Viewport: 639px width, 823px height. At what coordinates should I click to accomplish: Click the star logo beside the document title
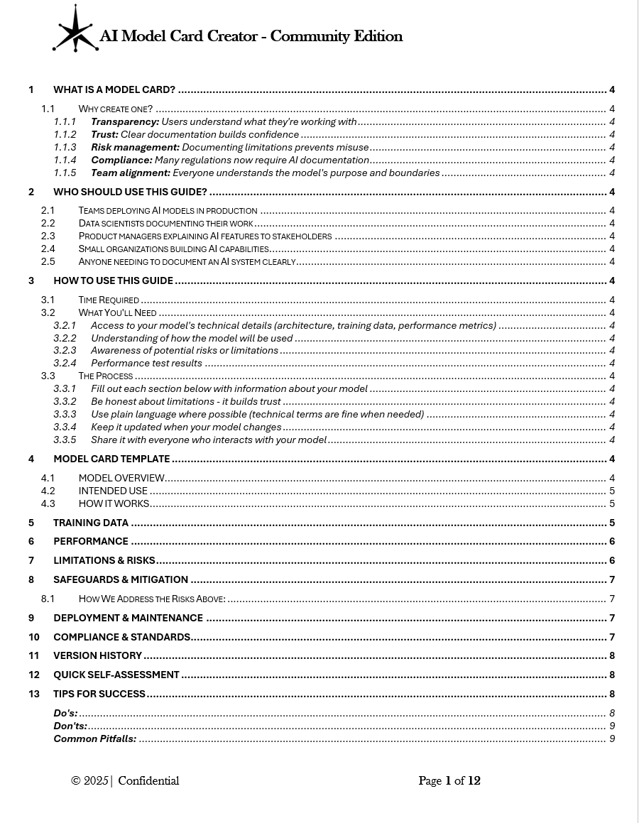pos(75,31)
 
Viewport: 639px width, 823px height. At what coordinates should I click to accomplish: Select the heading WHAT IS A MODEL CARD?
pos(114,89)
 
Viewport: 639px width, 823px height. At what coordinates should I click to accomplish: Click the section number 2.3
pos(48,236)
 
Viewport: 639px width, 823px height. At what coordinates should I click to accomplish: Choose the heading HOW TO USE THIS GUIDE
pos(113,280)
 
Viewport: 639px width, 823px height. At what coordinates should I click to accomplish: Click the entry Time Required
pos(109,300)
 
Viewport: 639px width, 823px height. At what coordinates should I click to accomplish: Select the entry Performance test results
pos(146,363)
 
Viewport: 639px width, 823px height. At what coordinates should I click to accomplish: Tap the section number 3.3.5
pos(65,440)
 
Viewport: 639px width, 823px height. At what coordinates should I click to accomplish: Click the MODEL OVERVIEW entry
pos(121,478)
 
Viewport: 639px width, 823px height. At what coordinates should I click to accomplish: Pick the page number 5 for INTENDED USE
pos(612,491)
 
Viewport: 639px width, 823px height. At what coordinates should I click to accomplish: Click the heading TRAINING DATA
pos(91,523)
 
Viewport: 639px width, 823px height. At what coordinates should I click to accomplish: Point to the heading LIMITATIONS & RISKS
pos(104,560)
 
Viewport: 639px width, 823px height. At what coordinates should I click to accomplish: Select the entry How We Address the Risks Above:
pos(152,599)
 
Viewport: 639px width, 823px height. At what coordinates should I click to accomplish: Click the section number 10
pos(34,637)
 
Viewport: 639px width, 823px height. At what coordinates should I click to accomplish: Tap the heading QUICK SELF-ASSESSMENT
pos(116,675)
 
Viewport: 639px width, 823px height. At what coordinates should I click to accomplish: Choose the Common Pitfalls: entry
pos(95,738)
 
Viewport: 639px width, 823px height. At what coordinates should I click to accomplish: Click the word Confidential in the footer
pos(148,781)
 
